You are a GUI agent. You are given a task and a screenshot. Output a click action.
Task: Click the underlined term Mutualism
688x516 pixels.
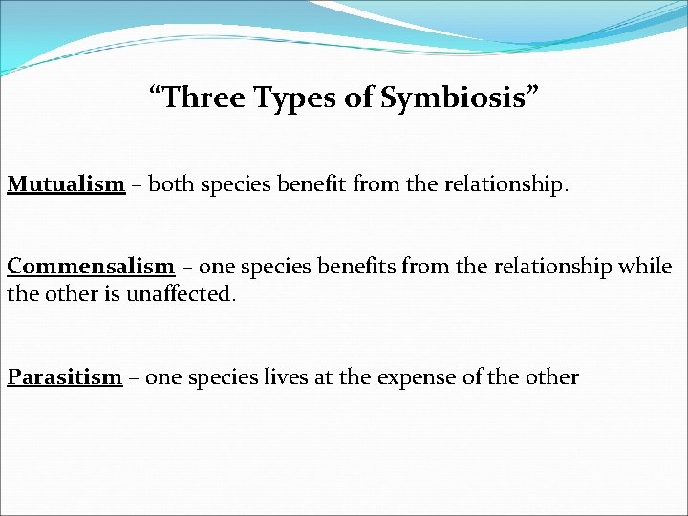66,183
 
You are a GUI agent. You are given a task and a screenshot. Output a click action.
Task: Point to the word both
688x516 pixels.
172,183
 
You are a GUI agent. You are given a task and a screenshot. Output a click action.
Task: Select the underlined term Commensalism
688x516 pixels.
91,267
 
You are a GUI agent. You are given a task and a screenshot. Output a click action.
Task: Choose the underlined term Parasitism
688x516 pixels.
65,376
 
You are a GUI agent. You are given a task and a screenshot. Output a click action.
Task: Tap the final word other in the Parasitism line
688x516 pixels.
550,376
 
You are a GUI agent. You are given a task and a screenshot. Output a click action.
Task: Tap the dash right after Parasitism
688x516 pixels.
135,377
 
